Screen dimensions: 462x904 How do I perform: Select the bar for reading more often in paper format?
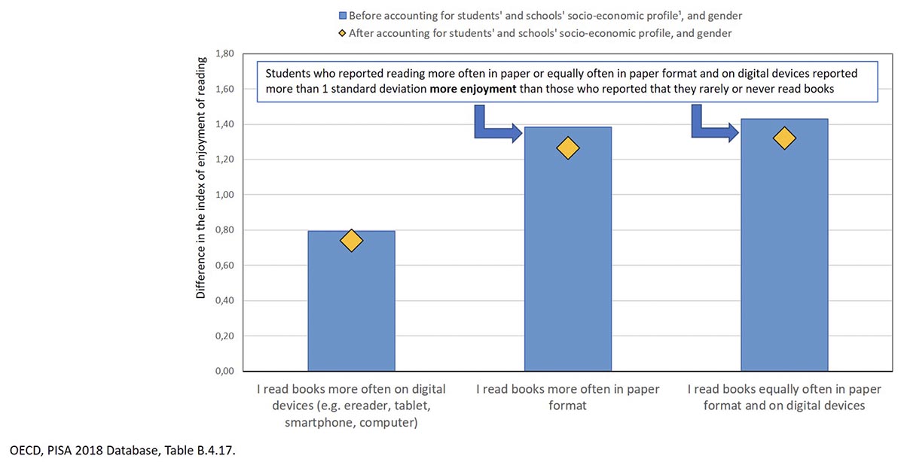567,263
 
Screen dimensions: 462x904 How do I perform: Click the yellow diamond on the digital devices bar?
351,240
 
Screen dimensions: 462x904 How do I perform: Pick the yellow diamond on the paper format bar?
567,148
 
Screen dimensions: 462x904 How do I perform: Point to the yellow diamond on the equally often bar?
784,138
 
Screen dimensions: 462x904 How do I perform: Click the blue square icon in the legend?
342,15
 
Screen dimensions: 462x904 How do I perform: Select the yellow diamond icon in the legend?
342,33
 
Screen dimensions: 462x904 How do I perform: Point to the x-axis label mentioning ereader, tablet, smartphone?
351,406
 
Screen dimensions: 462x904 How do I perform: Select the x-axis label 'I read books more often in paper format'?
567,397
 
